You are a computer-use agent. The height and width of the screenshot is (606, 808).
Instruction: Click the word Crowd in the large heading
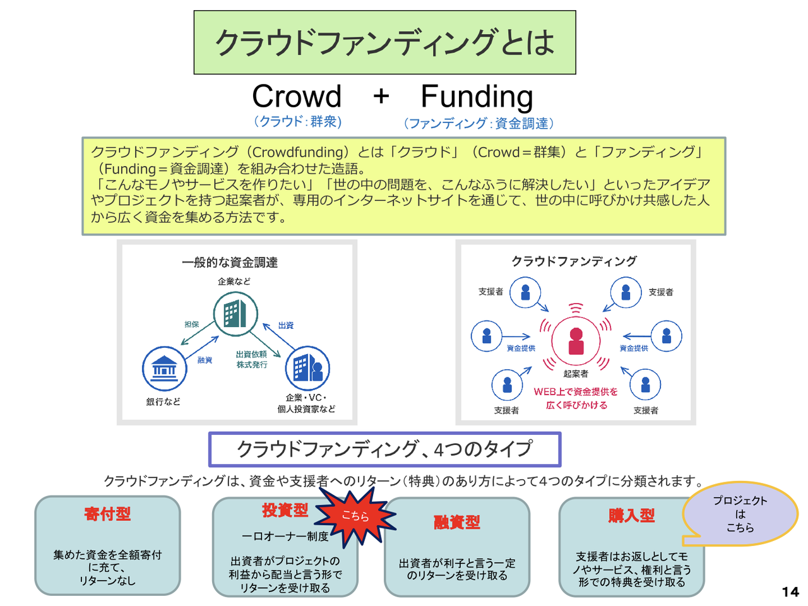tap(297, 97)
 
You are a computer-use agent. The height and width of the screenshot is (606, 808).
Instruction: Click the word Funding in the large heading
tap(477, 97)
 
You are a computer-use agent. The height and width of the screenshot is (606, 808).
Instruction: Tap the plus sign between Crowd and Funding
tap(381, 97)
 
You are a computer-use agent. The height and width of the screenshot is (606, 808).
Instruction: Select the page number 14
tap(790, 591)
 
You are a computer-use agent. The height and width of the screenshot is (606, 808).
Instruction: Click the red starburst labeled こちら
tap(355, 516)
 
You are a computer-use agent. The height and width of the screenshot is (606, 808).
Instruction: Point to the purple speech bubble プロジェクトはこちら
tap(740, 514)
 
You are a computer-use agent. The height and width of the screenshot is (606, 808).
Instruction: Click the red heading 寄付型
tap(107, 514)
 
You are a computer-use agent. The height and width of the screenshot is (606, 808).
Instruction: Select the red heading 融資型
tap(457, 522)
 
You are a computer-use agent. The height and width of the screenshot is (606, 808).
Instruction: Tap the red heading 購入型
tap(631, 516)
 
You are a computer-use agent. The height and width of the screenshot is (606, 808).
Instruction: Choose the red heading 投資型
tap(285, 510)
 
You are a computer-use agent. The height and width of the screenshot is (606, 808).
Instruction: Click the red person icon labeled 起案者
tap(576, 341)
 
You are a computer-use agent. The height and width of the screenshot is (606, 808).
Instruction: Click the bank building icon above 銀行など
tap(165, 368)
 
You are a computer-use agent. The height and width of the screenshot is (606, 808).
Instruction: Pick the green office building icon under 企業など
tap(235, 314)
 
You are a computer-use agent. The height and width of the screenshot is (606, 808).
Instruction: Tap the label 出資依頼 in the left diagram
tap(251, 354)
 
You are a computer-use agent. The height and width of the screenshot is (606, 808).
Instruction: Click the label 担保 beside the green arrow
tap(191, 324)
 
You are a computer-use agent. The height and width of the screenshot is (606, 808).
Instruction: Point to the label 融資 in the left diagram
tap(205, 360)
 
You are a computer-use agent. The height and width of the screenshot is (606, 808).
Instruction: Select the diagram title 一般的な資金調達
tap(230, 263)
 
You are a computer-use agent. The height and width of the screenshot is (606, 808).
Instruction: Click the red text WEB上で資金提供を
tap(576, 391)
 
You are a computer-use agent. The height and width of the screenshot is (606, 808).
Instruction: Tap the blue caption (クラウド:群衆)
tap(297, 121)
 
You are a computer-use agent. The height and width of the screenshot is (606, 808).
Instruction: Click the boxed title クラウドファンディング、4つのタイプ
tap(384, 449)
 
